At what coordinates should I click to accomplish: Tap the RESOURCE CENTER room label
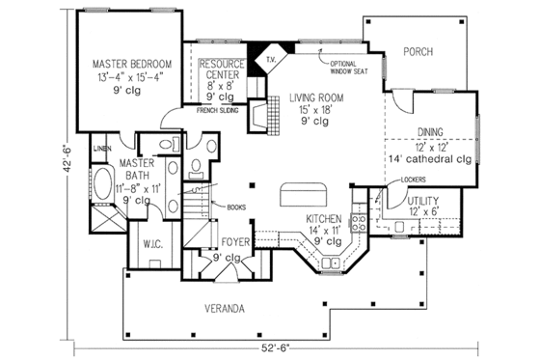pos(221,68)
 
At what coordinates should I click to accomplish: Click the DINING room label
pos(429,131)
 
